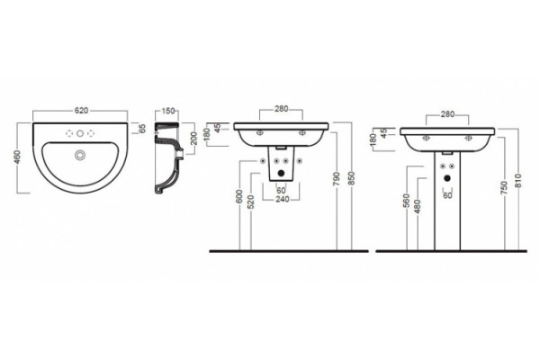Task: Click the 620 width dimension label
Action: (82, 111)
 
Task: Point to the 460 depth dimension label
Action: (18, 157)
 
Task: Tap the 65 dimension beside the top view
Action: (142, 129)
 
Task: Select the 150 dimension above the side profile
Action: (168, 111)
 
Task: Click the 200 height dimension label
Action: (193, 139)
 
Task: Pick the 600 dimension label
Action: (240, 196)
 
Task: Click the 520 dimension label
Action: (251, 202)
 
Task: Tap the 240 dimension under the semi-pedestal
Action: (283, 199)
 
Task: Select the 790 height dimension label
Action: (337, 179)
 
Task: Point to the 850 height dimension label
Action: (352, 179)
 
